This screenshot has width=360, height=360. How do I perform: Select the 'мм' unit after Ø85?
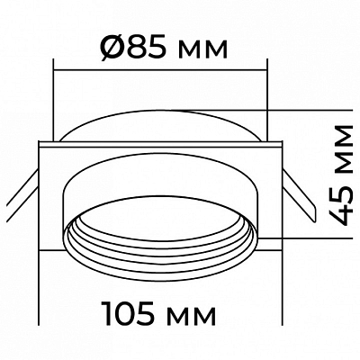(x=202, y=50)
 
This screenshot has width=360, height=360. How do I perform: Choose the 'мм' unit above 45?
(x=341, y=149)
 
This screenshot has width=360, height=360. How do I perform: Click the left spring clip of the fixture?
(x=22, y=195)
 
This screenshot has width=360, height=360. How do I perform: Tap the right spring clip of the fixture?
(x=299, y=196)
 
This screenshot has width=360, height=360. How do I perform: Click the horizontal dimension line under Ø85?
(x=160, y=70)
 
